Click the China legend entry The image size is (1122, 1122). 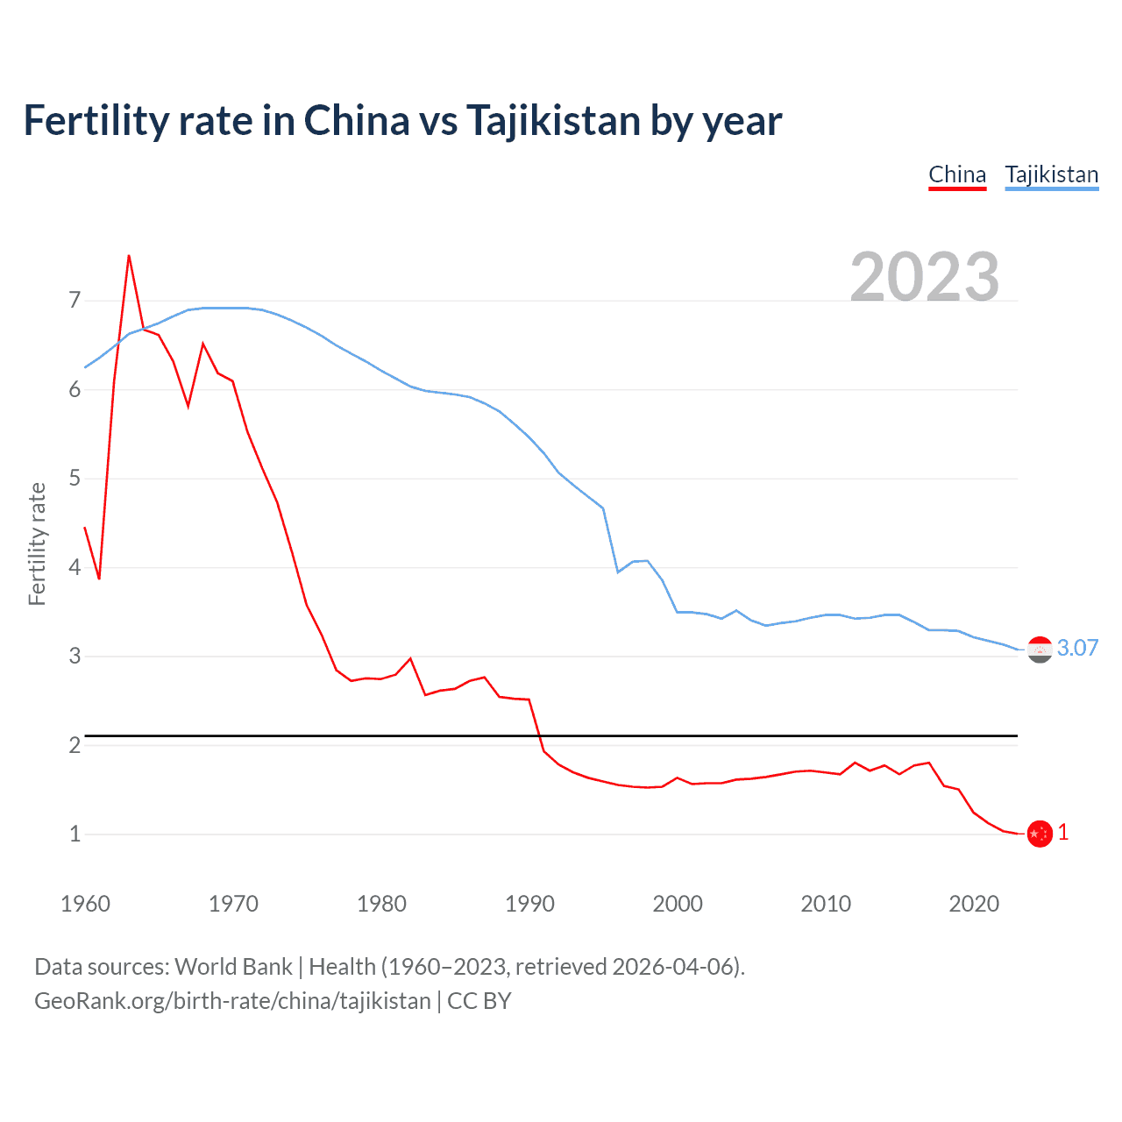coord(957,174)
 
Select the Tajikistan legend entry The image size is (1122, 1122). coord(1051,174)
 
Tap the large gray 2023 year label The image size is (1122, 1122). coord(925,277)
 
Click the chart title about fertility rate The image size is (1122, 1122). coord(402,120)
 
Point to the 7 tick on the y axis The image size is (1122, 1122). coord(75,301)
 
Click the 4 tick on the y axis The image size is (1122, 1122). coord(75,567)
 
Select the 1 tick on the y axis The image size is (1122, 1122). coord(75,834)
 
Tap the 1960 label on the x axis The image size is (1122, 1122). coord(85,904)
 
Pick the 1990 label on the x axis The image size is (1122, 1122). coord(529,904)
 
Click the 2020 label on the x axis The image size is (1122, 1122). coord(974,904)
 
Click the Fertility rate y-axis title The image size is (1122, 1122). coord(37,543)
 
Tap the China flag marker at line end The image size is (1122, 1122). coord(1040,834)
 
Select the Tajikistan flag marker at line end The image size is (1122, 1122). coord(1040,650)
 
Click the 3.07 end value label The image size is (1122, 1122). coord(1077,648)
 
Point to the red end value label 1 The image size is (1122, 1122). coord(1063,833)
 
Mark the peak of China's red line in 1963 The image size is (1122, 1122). coord(129,256)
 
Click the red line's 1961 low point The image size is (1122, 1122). coord(99,579)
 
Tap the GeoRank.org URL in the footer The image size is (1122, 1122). coord(232,1001)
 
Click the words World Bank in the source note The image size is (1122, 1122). coord(233,967)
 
